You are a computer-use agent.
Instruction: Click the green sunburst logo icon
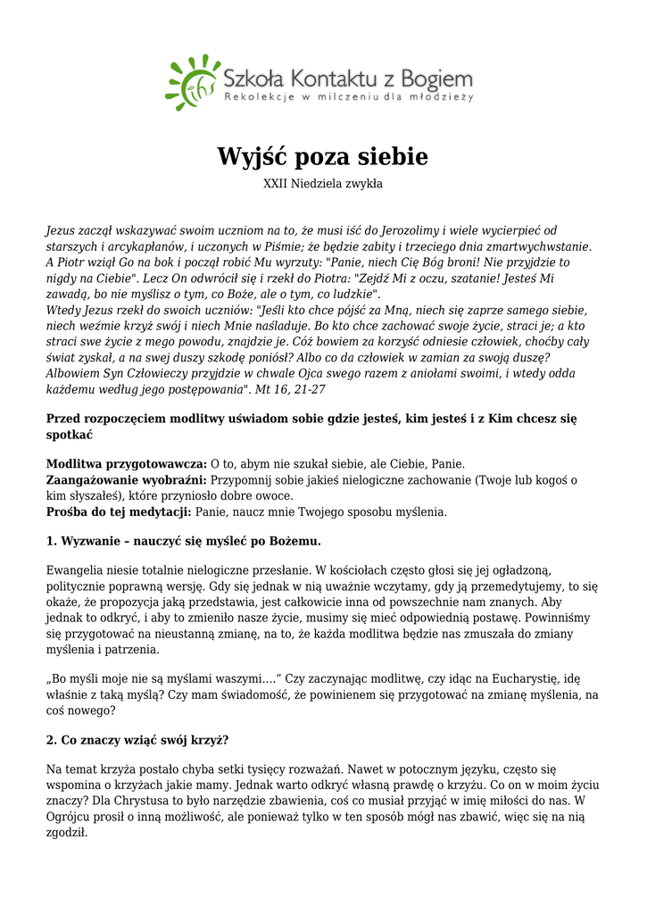[192, 81]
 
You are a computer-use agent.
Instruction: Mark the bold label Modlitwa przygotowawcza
[126, 463]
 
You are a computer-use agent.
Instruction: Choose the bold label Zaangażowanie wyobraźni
[126, 479]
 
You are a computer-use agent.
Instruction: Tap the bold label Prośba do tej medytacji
[119, 511]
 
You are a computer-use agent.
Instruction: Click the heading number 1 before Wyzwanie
[50, 541]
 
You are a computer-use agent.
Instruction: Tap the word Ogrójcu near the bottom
[71, 817]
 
